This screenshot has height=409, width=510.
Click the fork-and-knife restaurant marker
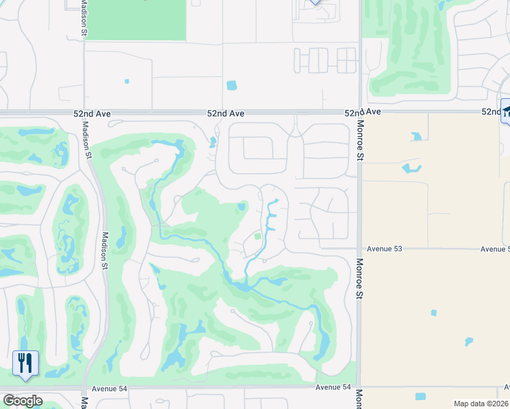click(x=25, y=363)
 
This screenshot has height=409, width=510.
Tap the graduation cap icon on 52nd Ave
click(x=506, y=112)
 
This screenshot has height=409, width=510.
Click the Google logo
click(x=22, y=401)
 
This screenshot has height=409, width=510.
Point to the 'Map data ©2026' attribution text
click(x=481, y=404)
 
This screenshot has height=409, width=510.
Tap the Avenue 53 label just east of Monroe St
click(x=385, y=249)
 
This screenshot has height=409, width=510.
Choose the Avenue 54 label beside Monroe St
click(x=333, y=387)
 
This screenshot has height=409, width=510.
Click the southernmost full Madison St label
click(x=104, y=250)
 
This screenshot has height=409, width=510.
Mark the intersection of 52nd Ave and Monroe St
click(x=359, y=112)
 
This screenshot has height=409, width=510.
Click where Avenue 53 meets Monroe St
click(x=359, y=249)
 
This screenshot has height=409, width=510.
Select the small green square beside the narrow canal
click(x=258, y=237)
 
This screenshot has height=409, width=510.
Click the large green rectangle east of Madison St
click(x=136, y=19)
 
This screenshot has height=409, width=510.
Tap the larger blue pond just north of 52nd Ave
click(x=231, y=86)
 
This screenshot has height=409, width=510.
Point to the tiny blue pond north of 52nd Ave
click(x=127, y=81)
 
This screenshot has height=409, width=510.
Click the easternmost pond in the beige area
click(x=468, y=341)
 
